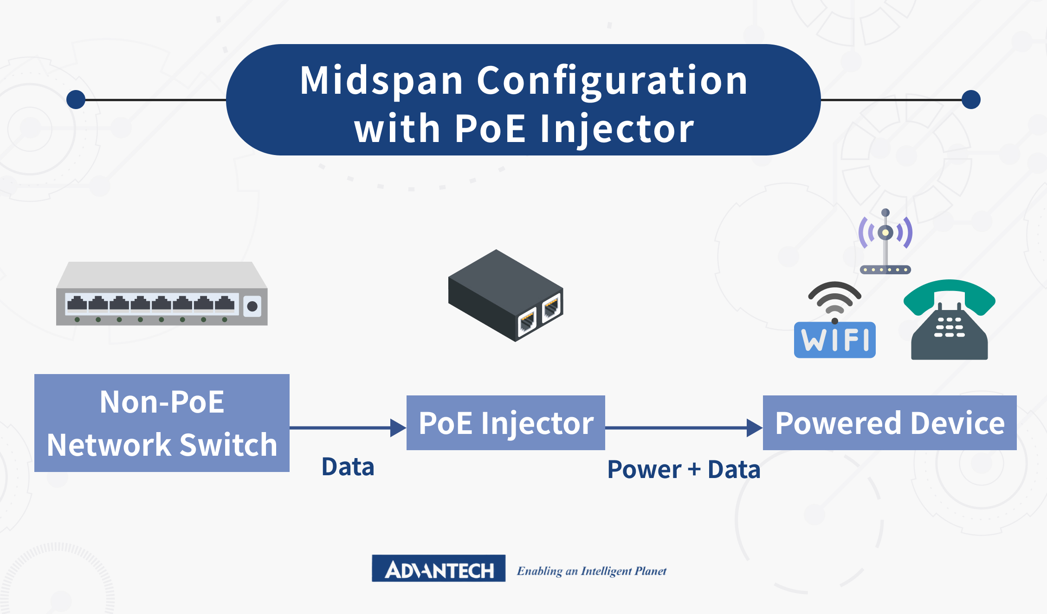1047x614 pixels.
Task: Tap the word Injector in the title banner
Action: (x=617, y=129)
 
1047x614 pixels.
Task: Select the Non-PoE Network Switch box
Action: (x=162, y=423)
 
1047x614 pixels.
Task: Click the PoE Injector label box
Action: (x=506, y=423)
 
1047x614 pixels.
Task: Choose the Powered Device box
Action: (x=890, y=423)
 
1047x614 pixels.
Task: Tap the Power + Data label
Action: (x=684, y=469)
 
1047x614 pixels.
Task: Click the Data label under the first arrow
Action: (x=348, y=467)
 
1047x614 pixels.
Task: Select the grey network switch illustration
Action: (x=162, y=293)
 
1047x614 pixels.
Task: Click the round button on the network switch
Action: (x=252, y=306)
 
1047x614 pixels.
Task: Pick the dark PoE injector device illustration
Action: (x=505, y=295)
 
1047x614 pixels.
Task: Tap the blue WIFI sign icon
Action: (x=835, y=340)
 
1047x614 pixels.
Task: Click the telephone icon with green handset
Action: (x=949, y=325)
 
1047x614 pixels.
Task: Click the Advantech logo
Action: (x=439, y=569)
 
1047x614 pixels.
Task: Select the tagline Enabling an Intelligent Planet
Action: (x=592, y=571)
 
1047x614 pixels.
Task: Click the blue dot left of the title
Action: (x=76, y=100)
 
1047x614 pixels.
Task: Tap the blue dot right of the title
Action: (x=971, y=100)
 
